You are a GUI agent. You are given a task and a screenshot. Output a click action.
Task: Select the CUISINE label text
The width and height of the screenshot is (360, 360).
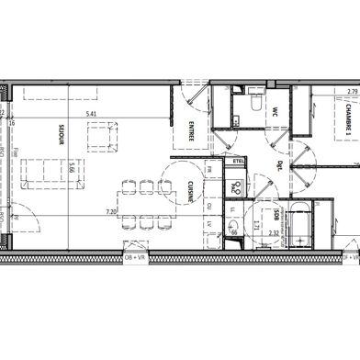point(189,190)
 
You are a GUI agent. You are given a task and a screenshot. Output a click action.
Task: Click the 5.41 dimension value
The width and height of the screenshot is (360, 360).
point(91,114)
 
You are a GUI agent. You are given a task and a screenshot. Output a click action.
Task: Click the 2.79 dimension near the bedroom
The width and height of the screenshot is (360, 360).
point(352,91)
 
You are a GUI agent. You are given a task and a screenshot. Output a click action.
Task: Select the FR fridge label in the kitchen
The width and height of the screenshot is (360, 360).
point(210,169)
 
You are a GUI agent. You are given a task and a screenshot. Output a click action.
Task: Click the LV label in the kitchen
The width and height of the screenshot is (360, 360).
point(210,222)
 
